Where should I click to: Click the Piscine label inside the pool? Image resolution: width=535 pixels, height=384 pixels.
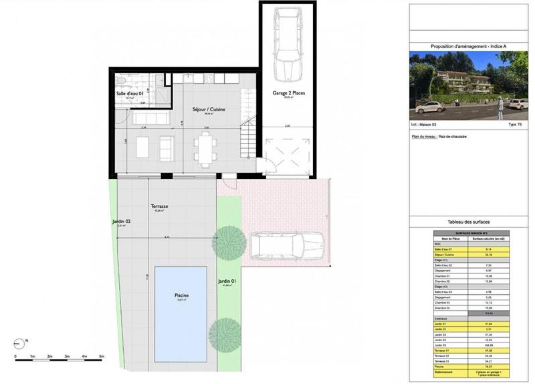pos(181,295)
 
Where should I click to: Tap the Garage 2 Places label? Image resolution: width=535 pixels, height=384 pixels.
pos(288,93)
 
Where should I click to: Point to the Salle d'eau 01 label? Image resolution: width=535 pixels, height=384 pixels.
pos(130,93)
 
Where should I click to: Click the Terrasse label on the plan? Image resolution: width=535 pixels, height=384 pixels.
pos(158,207)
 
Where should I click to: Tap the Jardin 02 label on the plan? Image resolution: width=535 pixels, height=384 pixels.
pos(121,220)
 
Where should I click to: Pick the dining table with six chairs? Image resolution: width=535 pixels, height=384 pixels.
pos(205,148)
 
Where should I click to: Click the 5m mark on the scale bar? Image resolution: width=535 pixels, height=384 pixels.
pos(102,356)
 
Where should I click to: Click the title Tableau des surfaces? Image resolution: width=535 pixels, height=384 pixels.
pos(468,222)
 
